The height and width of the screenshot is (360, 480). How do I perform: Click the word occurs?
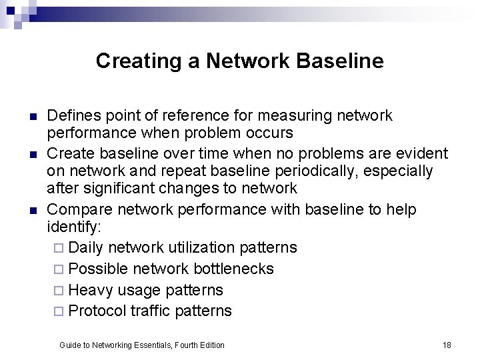click(x=269, y=133)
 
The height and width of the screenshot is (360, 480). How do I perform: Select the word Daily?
click(x=86, y=248)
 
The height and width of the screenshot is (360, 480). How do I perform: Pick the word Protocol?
click(x=97, y=311)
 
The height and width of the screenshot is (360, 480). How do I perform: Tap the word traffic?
click(x=150, y=311)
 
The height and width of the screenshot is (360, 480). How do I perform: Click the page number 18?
click(x=447, y=345)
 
